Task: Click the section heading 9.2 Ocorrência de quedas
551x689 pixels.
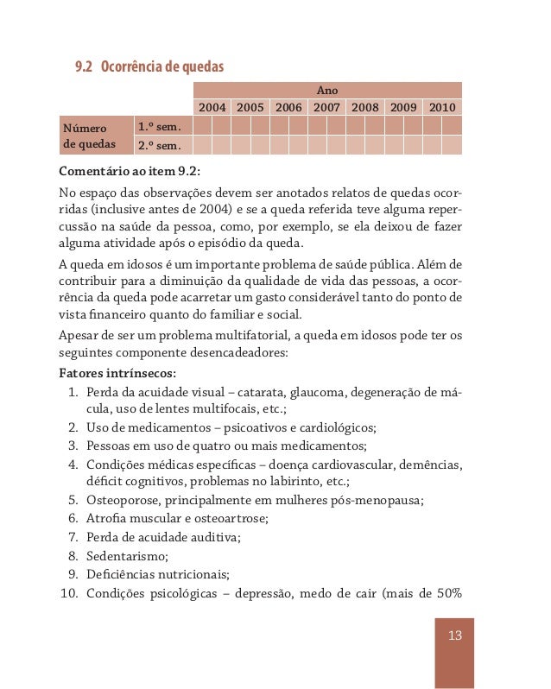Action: click(x=149, y=66)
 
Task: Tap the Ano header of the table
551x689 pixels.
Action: click(x=328, y=90)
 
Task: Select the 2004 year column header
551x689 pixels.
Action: click(x=212, y=108)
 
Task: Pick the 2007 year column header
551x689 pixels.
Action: click(x=326, y=108)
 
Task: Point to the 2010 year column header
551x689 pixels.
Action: click(x=442, y=108)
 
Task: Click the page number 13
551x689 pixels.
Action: click(x=455, y=636)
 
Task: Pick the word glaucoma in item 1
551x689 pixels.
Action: click(x=320, y=393)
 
